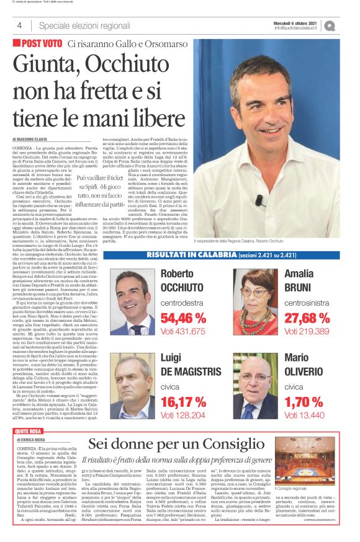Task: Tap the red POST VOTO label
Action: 38,44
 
